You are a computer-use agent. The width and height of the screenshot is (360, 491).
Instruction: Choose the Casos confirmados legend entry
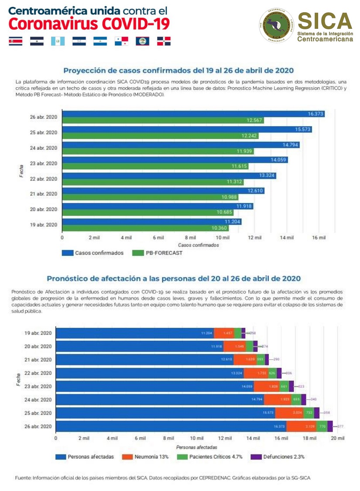pyautogui.click(x=93, y=253)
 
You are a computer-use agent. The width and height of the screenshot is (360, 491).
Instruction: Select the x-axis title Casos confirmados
pyautogui.click(x=198, y=245)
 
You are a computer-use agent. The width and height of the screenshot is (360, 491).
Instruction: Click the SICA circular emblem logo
pyautogui.click(x=277, y=26)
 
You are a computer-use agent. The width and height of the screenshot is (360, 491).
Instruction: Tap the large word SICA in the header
pyautogui.click(x=325, y=21)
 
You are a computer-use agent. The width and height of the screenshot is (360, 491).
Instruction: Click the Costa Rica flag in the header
pyautogui.click(x=16, y=41)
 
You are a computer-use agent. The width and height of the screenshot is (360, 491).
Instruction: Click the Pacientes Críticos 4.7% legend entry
pyautogui.click(x=211, y=457)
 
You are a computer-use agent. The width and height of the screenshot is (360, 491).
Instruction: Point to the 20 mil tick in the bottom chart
pyautogui.click(x=338, y=438)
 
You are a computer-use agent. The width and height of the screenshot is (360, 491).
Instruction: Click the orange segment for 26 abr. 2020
pyautogui.click(x=301, y=426)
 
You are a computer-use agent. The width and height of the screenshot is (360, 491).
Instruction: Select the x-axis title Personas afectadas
pyautogui.click(x=196, y=447)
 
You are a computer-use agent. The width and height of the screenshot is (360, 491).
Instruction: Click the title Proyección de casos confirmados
pyautogui.click(x=178, y=70)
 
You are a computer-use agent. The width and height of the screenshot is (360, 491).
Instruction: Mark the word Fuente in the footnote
pyautogui.click(x=23, y=478)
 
